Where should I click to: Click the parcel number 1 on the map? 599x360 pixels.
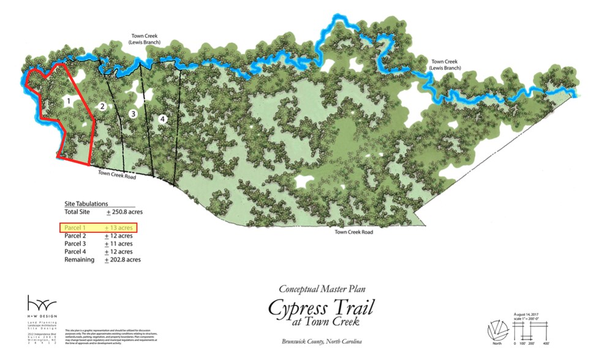[x=69, y=99]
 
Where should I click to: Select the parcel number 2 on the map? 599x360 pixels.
[x=103, y=107]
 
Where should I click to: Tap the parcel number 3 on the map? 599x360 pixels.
[x=132, y=114]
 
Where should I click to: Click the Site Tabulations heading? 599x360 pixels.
[x=86, y=203]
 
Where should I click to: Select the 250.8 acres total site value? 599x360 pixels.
[x=124, y=212]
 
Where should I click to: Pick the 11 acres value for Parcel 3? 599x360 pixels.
[x=119, y=244]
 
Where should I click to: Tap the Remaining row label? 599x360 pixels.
[x=79, y=260]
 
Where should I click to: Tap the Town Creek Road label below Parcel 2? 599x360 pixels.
[x=118, y=173]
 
